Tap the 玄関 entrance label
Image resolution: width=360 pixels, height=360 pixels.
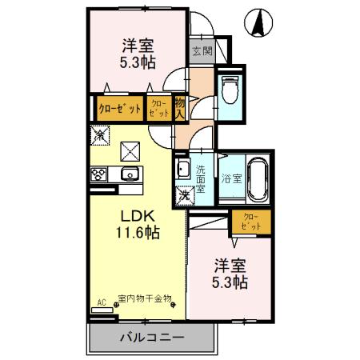pyautogui.click(x=202, y=52)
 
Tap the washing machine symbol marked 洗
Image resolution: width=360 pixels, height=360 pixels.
pyautogui.click(x=184, y=194)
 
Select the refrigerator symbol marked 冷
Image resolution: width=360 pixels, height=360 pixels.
pyautogui.click(x=100, y=135)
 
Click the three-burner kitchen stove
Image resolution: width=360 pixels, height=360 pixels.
pyautogui.click(x=101, y=174)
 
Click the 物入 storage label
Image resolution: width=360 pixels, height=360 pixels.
pyautogui.click(x=180, y=106)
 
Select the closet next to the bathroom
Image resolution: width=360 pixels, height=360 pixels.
pyautogui.click(x=250, y=222)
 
